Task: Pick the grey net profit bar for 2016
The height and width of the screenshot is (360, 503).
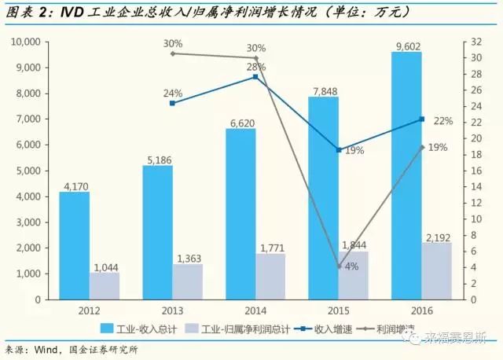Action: tap(438, 270)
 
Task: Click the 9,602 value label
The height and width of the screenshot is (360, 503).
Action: tap(406, 46)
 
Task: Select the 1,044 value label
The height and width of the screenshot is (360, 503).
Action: tap(105, 267)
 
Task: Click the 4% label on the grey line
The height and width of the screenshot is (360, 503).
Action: tap(351, 266)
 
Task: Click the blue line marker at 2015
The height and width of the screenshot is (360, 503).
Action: tap(339, 149)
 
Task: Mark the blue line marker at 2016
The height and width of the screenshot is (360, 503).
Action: tap(422, 119)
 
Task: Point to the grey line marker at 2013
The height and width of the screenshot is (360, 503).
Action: tap(172, 53)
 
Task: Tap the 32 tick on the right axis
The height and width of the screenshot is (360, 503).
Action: tap(468, 42)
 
